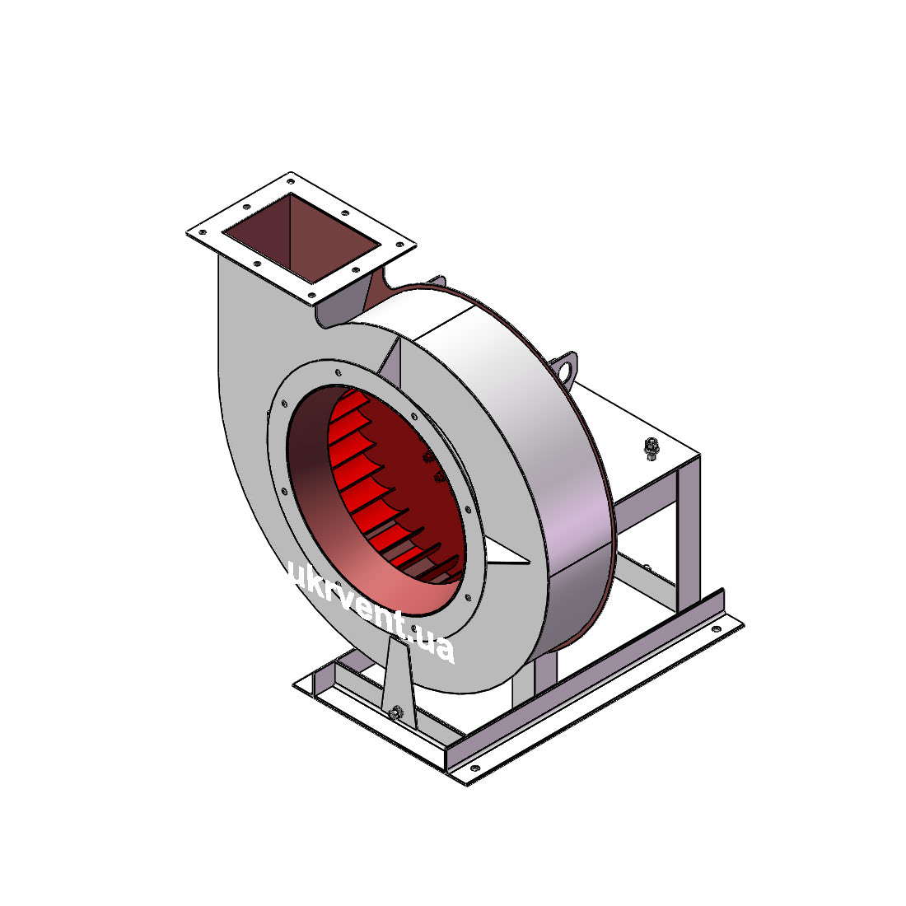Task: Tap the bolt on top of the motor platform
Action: [651, 449]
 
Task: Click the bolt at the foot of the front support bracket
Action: [396, 712]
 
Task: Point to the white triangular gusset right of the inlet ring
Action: [504, 553]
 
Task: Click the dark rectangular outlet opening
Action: [301, 238]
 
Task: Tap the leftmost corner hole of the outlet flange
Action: [203, 233]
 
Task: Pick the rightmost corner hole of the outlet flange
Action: [399, 245]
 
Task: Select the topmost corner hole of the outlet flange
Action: [291, 181]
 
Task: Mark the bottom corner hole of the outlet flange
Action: [312, 296]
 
